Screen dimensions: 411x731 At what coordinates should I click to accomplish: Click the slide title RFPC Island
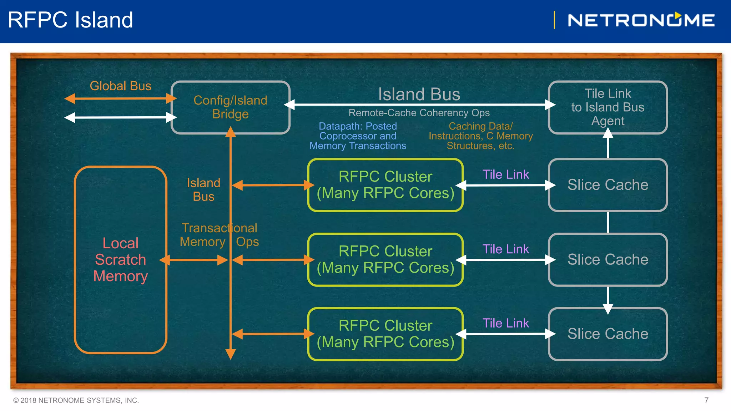click(70, 20)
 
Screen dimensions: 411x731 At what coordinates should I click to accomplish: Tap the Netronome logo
click(641, 20)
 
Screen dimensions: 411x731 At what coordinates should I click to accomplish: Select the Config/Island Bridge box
click(230, 107)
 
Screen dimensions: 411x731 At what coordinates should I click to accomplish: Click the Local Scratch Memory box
click(120, 260)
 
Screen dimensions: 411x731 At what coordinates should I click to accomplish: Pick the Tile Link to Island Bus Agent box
click(608, 107)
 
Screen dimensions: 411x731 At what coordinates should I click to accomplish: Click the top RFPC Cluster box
click(385, 185)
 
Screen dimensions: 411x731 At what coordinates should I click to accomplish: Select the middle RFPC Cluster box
click(385, 260)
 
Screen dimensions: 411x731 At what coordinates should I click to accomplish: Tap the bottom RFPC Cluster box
click(385, 334)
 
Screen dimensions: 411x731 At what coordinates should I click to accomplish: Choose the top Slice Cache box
click(608, 185)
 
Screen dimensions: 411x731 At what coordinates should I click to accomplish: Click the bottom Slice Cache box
click(608, 334)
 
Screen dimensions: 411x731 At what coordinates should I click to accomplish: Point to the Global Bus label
click(120, 86)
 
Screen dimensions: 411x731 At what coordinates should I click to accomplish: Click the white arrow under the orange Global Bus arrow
click(120, 117)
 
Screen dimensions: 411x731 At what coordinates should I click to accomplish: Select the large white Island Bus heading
click(419, 94)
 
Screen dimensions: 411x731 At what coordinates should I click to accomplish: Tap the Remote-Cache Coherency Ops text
click(419, 113)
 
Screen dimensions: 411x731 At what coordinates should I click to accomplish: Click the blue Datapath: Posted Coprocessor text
click(358, 136)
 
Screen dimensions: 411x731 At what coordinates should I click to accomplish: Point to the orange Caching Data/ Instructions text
click(480, 136)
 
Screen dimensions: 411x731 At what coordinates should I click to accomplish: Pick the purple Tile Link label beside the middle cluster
click(505, 249)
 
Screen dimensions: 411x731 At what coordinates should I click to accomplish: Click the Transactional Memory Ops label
click(219, 235)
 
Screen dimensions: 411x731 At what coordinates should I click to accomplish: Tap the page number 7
click(706, 400)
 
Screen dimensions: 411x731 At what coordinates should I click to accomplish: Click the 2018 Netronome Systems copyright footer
click(76, 400)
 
